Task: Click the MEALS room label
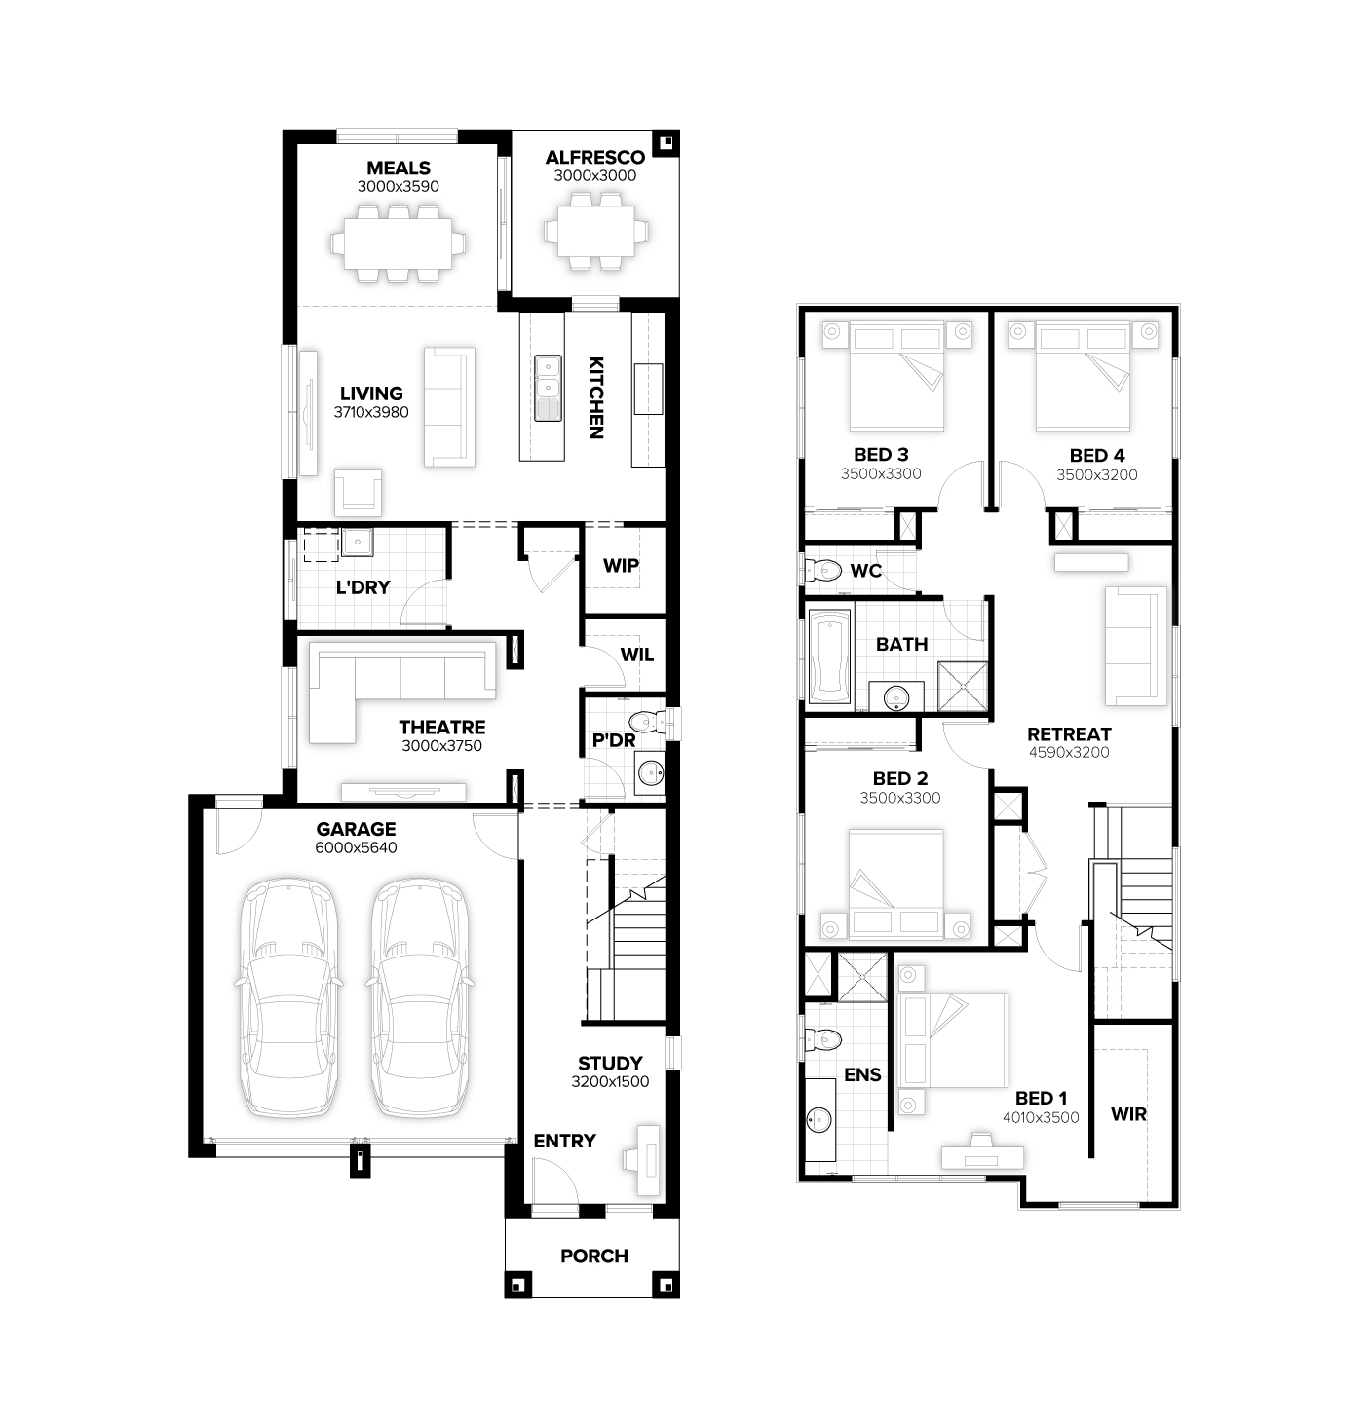tap(399, 168)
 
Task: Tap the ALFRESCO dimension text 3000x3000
tap(594, 176)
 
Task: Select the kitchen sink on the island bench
tap(548, 388)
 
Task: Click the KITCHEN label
tap(596, 397)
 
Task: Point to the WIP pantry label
tap(621, 565)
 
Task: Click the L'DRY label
tap(362, 587)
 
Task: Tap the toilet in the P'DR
tap(648, 722)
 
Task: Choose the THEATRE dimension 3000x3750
tap(442, 746)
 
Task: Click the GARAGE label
tap(357, 829)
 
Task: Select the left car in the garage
tap(288, 998)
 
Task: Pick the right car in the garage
tap(419, 998)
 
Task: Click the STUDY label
tap(610, 1063)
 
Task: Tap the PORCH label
tap(593, 1256)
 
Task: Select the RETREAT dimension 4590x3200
tap(1069, 752)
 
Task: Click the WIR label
tap(1128, 1114)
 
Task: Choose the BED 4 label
tap(1096, 455)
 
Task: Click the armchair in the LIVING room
tap(359, 492)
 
